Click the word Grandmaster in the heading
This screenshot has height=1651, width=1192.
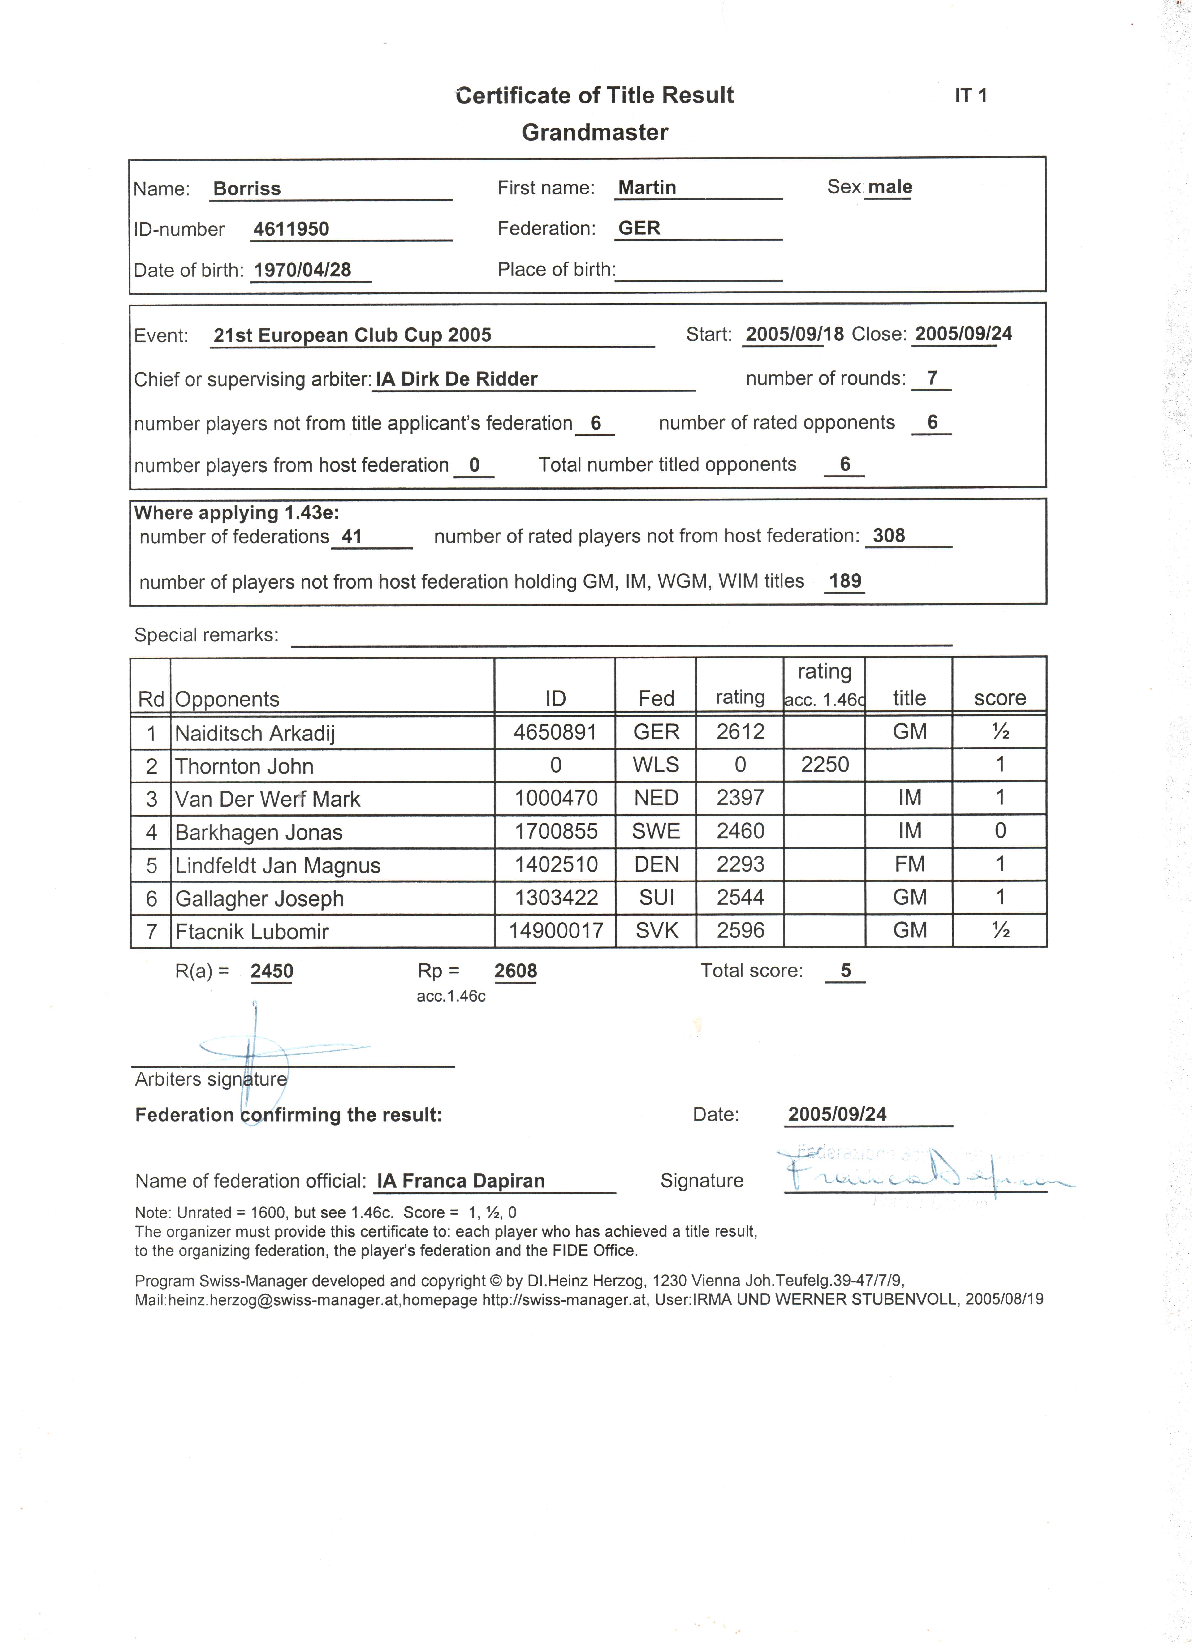[x=595, y=133]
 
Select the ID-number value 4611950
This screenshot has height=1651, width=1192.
[x=291, y=229]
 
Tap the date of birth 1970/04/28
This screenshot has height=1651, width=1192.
[x=302, y=270]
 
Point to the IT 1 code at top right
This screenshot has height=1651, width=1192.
[x=971, y=95]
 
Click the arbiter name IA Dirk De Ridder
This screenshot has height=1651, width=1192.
[x=457, y=379]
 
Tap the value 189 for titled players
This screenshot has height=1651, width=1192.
[x=845, y=581]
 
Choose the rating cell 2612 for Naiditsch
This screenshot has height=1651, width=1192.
[x=740, y=732]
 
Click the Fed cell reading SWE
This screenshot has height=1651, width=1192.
[x=656, y=831]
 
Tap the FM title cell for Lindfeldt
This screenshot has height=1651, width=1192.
[x=909, y=864]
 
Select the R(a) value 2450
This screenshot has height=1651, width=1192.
[x=272, y=971]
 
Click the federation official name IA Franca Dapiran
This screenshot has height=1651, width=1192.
[x=461, y=1181]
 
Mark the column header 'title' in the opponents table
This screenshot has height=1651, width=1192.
[x=909, y=698]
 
